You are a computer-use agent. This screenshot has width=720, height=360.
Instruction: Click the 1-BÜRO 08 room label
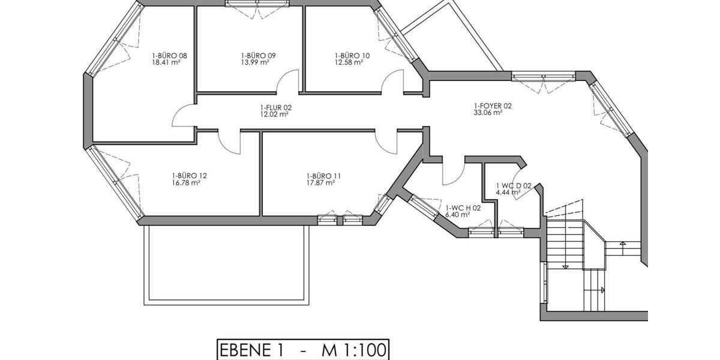click(x=170, y=55)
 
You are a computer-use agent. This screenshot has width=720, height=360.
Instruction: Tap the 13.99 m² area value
click(x=254, y=62)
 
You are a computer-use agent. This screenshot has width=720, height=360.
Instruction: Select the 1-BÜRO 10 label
click(x=352, y=55)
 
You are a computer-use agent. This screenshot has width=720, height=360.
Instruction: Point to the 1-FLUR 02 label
click(x=275, y=107)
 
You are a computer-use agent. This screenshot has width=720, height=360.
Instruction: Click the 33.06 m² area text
click(x=487, y=112)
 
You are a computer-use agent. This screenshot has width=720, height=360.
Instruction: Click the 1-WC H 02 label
click(x=463, y=208)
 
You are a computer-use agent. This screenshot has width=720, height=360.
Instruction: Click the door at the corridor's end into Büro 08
click(x=182, y=115)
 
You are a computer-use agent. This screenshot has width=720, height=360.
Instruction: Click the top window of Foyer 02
click(x=544, y=77)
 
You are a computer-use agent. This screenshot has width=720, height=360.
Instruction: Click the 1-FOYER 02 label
click(x=493, y=106)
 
